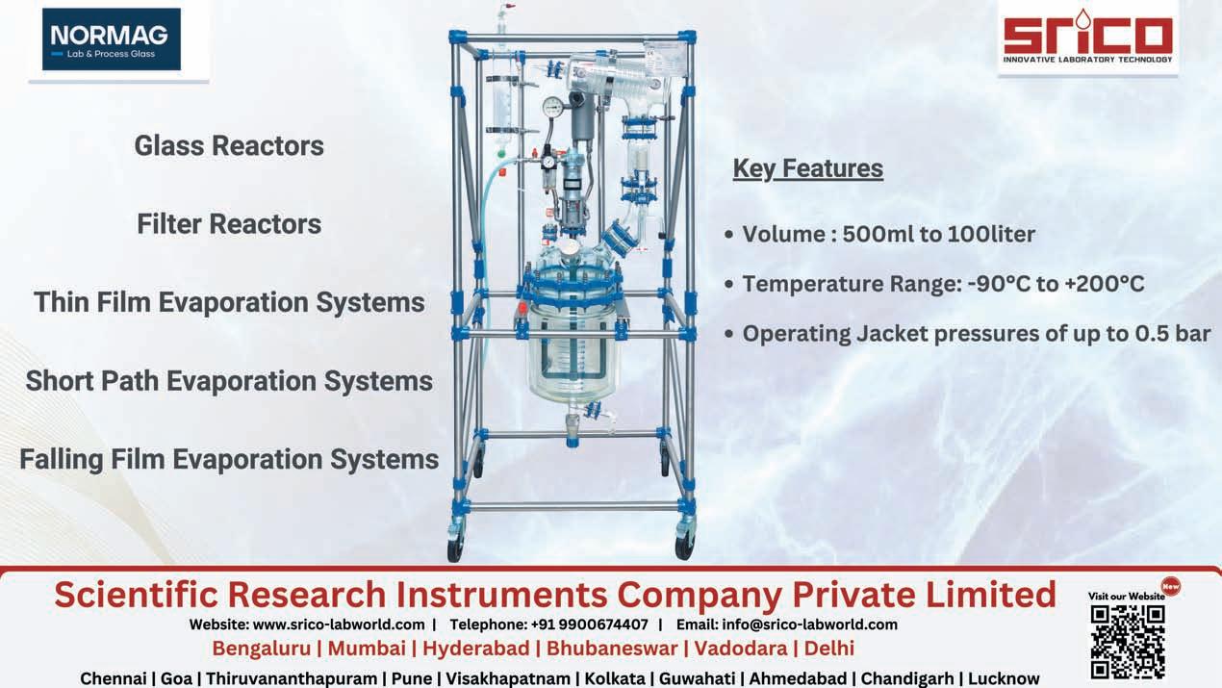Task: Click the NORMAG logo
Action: pos(112,39)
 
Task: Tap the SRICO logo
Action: pos(1088,38)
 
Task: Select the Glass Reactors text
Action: pos(229,146)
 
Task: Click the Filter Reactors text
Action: pos(229,224)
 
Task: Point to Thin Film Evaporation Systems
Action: pos(229,303)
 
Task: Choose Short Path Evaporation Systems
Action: pos(229,381)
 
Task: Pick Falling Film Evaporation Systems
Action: pos(229,459)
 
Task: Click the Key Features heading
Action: pos(808,168)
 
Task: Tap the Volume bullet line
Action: pos(880,235)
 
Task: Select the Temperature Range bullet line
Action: pos(934,284)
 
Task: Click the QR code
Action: pos(1128,642)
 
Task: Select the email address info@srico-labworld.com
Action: pos(809,624)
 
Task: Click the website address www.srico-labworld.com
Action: pos(339,624)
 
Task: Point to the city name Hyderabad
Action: pos(475,649)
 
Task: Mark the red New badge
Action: pos(1171,587)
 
